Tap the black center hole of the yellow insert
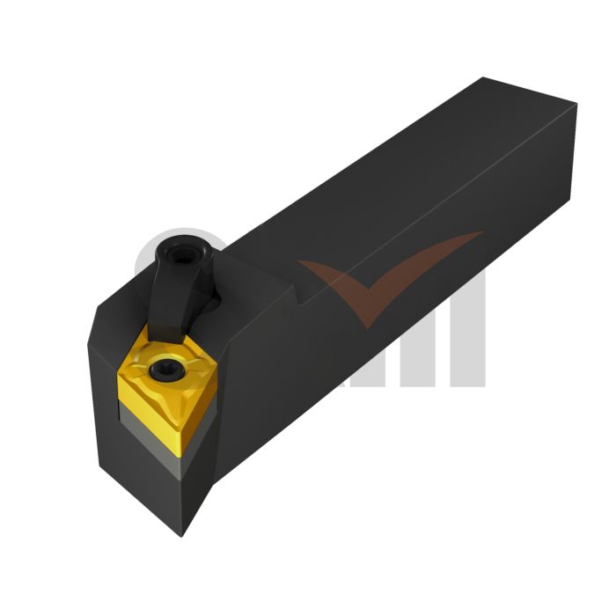point(165,370)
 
